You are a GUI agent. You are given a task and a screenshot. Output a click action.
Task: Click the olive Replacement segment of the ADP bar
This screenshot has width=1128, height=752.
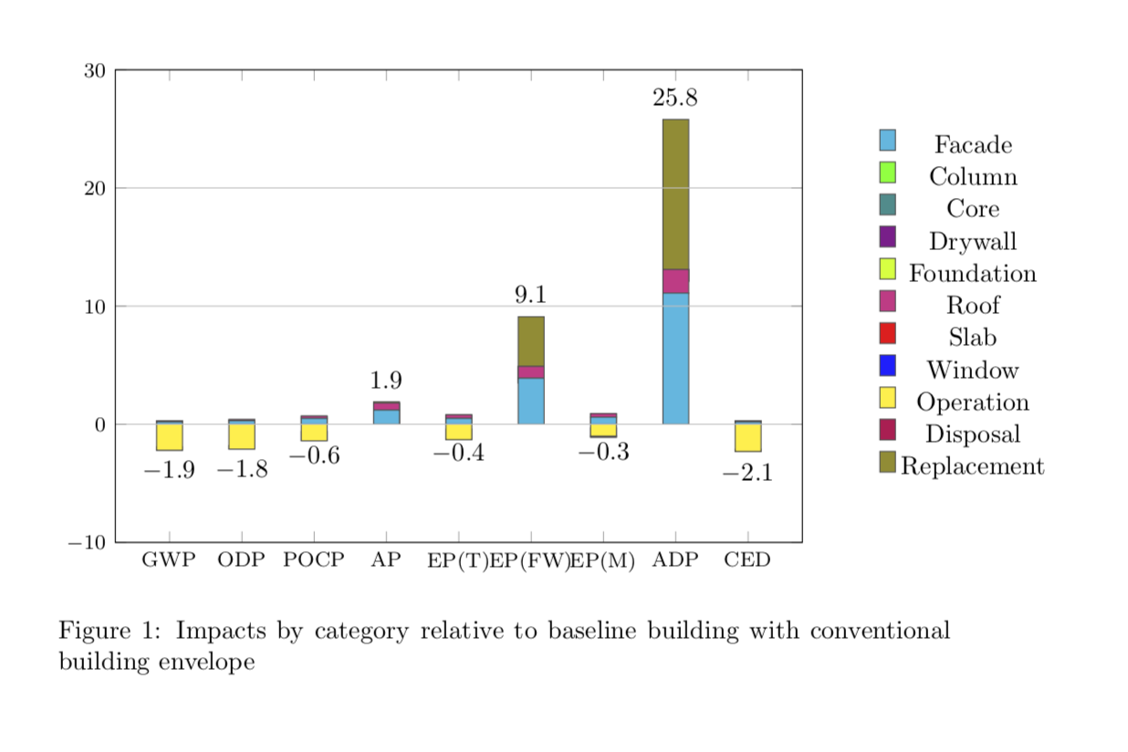(x=675, y=193)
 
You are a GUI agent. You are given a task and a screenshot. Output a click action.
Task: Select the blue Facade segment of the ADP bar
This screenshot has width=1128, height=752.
(x=675, y=358)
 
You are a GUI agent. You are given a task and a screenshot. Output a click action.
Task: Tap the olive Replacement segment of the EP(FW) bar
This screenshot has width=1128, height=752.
(x=530, y=340)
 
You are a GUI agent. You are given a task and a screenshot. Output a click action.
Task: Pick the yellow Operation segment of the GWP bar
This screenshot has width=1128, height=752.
(x=169, y=437)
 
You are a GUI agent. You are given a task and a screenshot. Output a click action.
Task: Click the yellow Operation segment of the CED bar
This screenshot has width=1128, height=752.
(x=747, y=438)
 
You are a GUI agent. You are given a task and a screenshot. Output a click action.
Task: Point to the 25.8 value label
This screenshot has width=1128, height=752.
(x=675, y=99)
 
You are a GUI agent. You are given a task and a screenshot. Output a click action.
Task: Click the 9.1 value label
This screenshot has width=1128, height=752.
(x=530, y=295)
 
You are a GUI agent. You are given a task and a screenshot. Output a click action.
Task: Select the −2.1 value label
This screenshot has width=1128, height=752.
(x=747, y=474)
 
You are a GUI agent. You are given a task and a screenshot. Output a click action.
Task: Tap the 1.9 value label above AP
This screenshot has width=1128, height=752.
(x=386, y=381)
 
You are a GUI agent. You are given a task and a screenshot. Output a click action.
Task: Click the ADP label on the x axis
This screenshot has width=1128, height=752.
(x=675, y=560)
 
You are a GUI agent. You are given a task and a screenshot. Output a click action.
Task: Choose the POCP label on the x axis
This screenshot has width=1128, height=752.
(x=314, y=560)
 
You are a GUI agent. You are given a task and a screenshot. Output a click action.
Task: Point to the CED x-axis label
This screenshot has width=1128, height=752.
(x=747, y=560)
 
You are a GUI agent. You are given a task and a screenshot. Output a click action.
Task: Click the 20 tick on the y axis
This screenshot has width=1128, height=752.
(x=95, y=188)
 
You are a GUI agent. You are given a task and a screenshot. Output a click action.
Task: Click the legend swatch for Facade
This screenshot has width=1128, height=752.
(x=887, y=141)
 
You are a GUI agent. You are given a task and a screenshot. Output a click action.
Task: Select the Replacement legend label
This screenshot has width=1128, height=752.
(x=972, y=466)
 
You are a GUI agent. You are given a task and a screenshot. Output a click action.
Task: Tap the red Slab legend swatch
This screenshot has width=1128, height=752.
(x=887, y=333)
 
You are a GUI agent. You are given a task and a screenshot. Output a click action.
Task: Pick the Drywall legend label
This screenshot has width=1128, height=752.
(x=972, y=242)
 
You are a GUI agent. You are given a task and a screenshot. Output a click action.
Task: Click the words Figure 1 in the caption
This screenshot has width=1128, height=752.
(x=109, y=631)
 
